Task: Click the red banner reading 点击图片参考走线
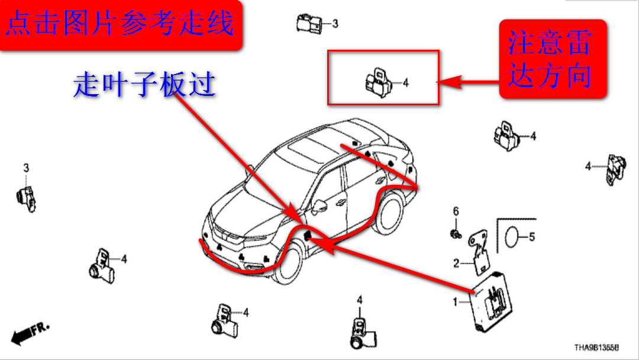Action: pos(121,25)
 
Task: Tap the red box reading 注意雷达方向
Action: pos(551,60)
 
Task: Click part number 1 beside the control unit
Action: pos(455,303)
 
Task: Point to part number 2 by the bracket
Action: pos(456,263)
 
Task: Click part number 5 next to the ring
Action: pos(531,237)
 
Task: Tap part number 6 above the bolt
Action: pos(456,211)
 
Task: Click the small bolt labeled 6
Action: pos(455,233)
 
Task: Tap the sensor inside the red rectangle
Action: pos(377,81)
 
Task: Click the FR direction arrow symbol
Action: pos(30,333)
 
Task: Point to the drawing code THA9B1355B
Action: pos(596,348)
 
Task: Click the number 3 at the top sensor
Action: pos(335,24)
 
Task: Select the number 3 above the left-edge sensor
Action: pos(26,169)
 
